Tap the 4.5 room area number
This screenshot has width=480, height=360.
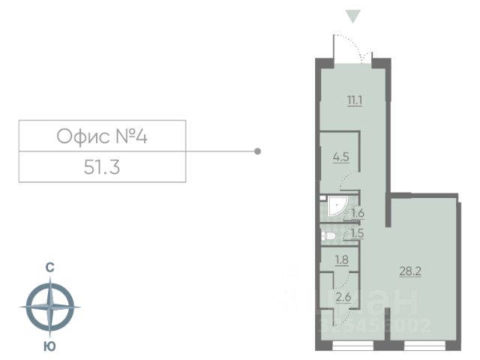pos(341,157)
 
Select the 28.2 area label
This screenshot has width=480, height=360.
pos(411,271)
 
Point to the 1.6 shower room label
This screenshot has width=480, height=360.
pos(358,213)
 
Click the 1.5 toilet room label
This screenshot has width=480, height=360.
pos(358,233)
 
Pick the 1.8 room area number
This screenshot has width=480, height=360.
pos(341,260)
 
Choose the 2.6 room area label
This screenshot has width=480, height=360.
pos(343,297)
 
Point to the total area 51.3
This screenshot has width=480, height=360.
pos(102,166)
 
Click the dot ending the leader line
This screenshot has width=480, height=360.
pos(258,151)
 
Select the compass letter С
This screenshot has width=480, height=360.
pos(49,267)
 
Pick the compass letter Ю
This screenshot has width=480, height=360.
pos(49,346)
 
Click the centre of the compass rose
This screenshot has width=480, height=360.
pos(49,306)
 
